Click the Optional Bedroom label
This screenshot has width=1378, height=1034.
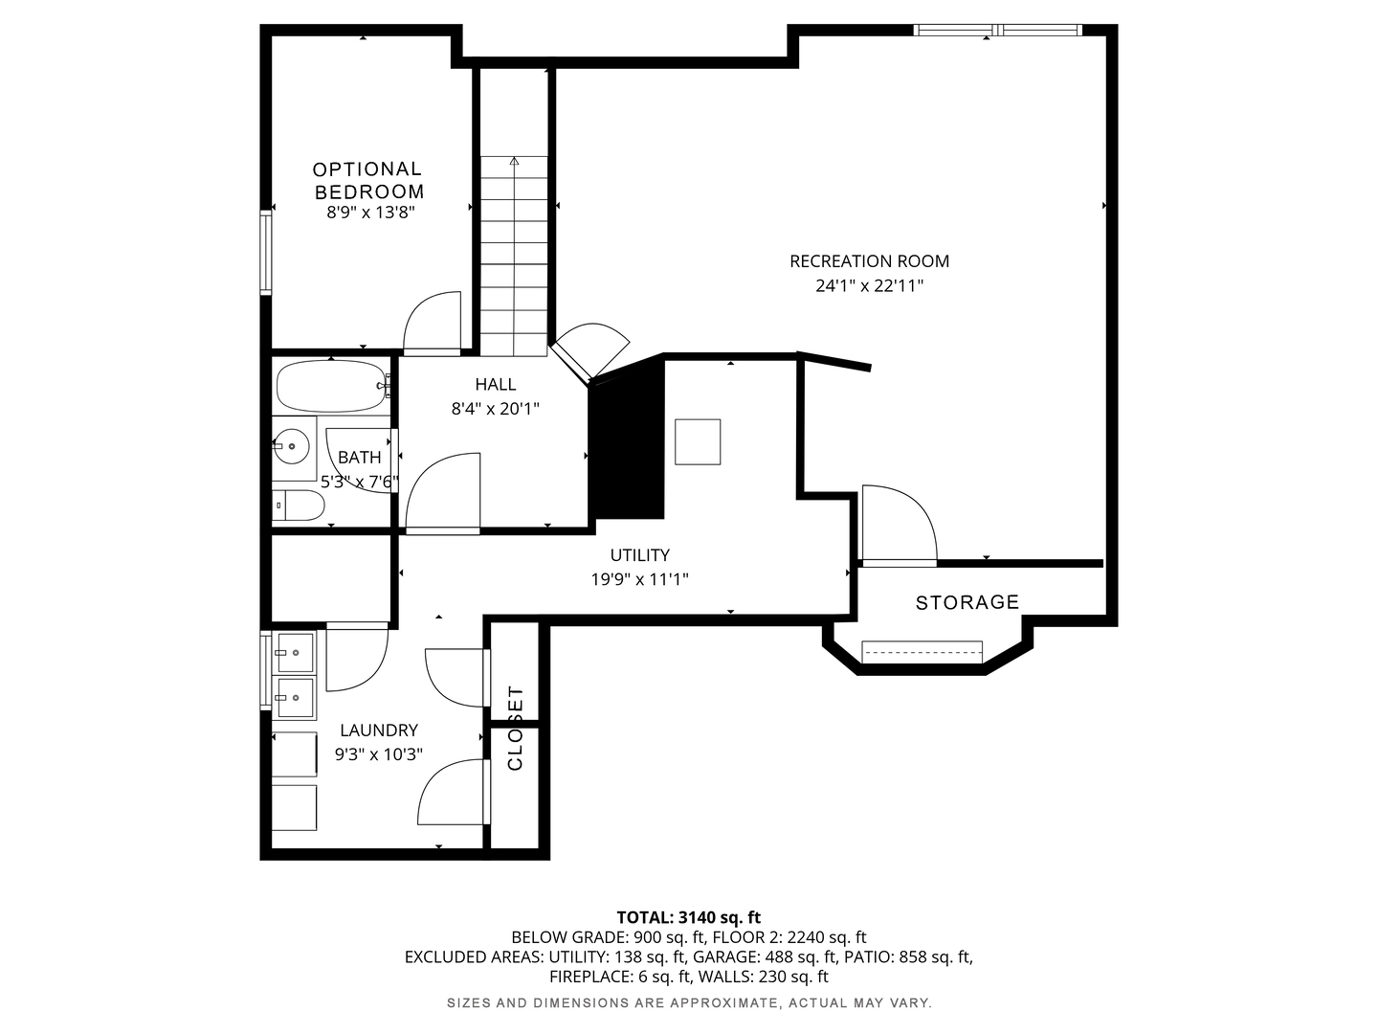(x=368, y=180)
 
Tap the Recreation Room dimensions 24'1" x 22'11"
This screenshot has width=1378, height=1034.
(x=869, y=286)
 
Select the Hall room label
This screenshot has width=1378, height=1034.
(x=496, y=384)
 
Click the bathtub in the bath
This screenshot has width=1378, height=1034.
(x=331, y=386)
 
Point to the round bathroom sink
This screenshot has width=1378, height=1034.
(x=292, y=446)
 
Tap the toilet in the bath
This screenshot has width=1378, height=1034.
(x=300, y=506)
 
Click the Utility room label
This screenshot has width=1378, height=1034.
(x=640, y=555)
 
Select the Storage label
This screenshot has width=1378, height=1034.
(x=967, y=603)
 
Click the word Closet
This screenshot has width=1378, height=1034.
(x=515, y=729)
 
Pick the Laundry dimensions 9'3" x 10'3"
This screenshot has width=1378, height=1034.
(x=379, y=754)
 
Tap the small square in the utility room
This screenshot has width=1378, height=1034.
(x=698, y=442)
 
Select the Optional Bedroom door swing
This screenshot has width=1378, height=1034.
(x=432, y=323)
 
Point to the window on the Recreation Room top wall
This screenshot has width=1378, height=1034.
(x=997, y=30)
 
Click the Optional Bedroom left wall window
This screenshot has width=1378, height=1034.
(x=266, y=253)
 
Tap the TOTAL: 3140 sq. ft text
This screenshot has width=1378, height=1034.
(x=689, y=918)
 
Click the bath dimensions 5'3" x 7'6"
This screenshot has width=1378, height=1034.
(x=360, y=483)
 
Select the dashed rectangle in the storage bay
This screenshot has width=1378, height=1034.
(x=922, y=652)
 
